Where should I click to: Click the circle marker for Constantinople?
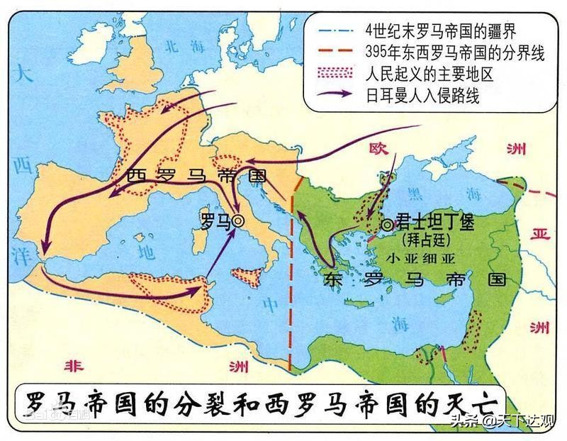387,224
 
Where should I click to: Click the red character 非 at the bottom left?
73,367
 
